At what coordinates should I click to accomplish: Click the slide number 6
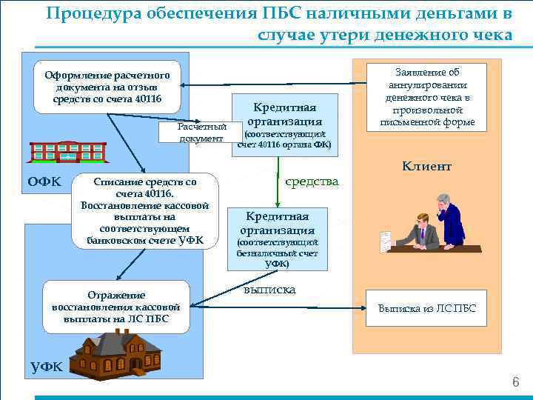pyautogui.click(x=515, y=382)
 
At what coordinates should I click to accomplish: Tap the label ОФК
pyautogui.click(x=43, y=181)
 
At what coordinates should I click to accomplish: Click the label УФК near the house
pyautogui.click(x=46, y=365)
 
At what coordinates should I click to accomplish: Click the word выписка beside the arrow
pyautogui.click(x=269, y=290)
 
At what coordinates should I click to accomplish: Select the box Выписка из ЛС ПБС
pyautogui.click(x=427, y=308)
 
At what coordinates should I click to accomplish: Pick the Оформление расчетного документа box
pyautogui.click(x=107, y=87)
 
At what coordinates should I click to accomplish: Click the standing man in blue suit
pyautogui.click(x=449, y=220)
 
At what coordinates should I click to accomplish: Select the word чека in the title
pyautogui.click(x=483, y=35)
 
